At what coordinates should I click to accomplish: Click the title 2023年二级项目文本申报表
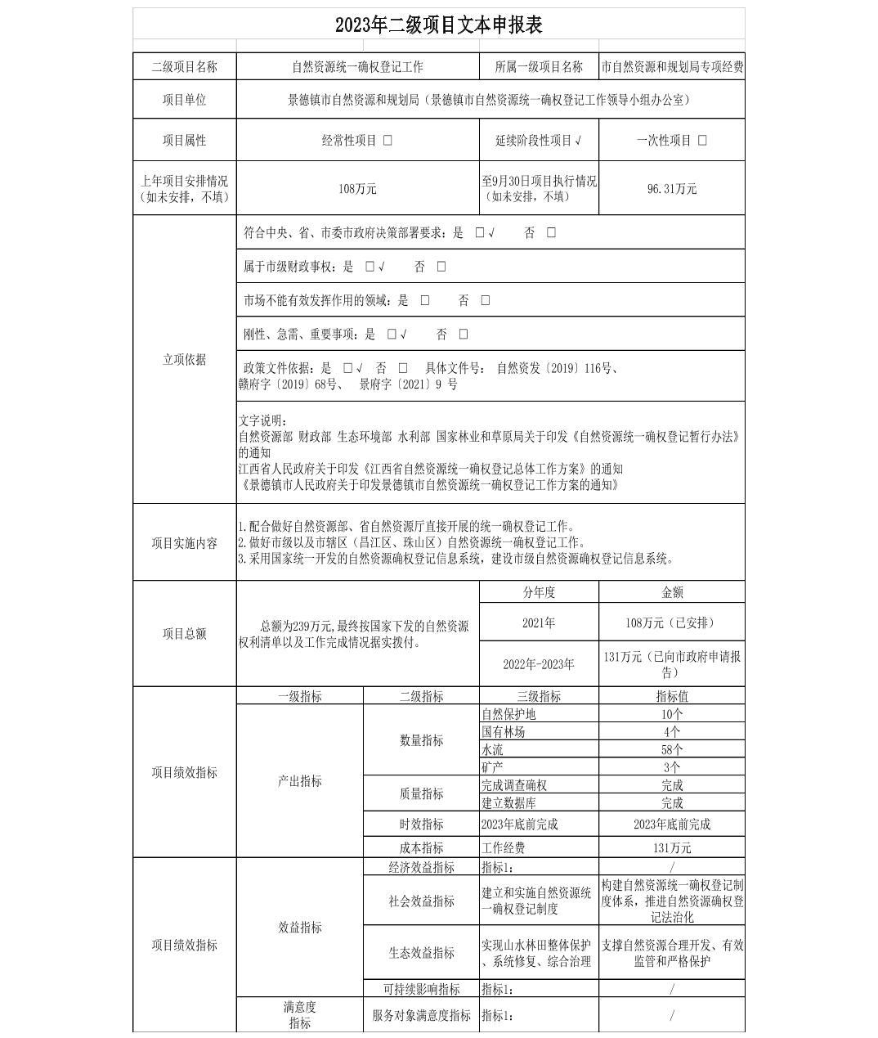tap(439, 25)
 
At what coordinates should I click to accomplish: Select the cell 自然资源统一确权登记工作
tap(357, 67)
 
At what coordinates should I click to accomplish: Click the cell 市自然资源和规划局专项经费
tap(671, 67)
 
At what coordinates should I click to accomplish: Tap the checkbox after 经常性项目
tap(387, 140)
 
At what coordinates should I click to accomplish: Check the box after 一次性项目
tap(702, 140)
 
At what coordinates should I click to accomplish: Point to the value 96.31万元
tap(671, 188)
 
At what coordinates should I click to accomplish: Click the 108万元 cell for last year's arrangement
tap(357, 188)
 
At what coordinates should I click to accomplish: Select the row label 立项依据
tap(184, 359)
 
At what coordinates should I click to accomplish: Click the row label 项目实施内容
tap(184, 542)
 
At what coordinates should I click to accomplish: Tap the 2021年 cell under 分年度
tap(538, 622)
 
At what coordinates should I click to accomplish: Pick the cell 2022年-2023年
tap(538, 663)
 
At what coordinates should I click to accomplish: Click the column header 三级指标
tap(538, 696)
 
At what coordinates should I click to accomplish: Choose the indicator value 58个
tap(671, 749)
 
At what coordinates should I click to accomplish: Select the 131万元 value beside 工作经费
tap(671, 848)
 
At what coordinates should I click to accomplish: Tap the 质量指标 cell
tap(421, 793)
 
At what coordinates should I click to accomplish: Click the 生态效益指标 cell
tap(421, 953)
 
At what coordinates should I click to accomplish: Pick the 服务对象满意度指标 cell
tap(421, 1015)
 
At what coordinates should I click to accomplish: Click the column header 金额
tap(671, 592)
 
